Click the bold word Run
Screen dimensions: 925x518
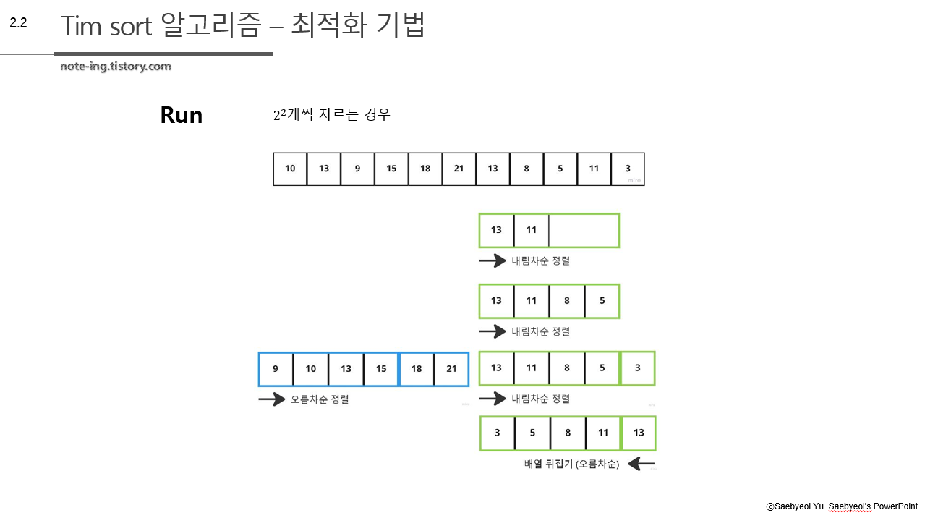(x=181, y=115)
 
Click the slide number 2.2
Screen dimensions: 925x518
(x=18, y=23)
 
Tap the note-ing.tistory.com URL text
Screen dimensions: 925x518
(x=116, y=67)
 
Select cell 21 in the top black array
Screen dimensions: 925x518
(x=459, y=169)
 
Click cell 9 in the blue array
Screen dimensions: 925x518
(x=276, y=369)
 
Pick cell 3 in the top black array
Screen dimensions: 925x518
(x=628, y=169)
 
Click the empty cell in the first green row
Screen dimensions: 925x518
(x=584, y=231)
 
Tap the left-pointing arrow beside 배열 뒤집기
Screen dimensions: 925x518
(x=641, y=464)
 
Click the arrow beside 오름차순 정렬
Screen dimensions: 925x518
(x=271, y=399)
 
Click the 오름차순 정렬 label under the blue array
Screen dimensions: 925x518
(x=320, y=399)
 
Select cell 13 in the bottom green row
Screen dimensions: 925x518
(x=639, y=433)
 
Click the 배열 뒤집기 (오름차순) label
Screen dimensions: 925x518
(x=571, y=464)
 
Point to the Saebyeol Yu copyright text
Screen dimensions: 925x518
(x=842, y=506)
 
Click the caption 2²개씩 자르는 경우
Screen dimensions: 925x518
(x=332, y=115)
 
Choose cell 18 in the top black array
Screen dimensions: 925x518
(x=425, y=169)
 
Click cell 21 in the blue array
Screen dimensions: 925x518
(x=451, y=369)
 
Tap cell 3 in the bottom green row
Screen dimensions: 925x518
(x=497, y=433)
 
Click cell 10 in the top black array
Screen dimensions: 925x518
(x=290, y=169)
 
